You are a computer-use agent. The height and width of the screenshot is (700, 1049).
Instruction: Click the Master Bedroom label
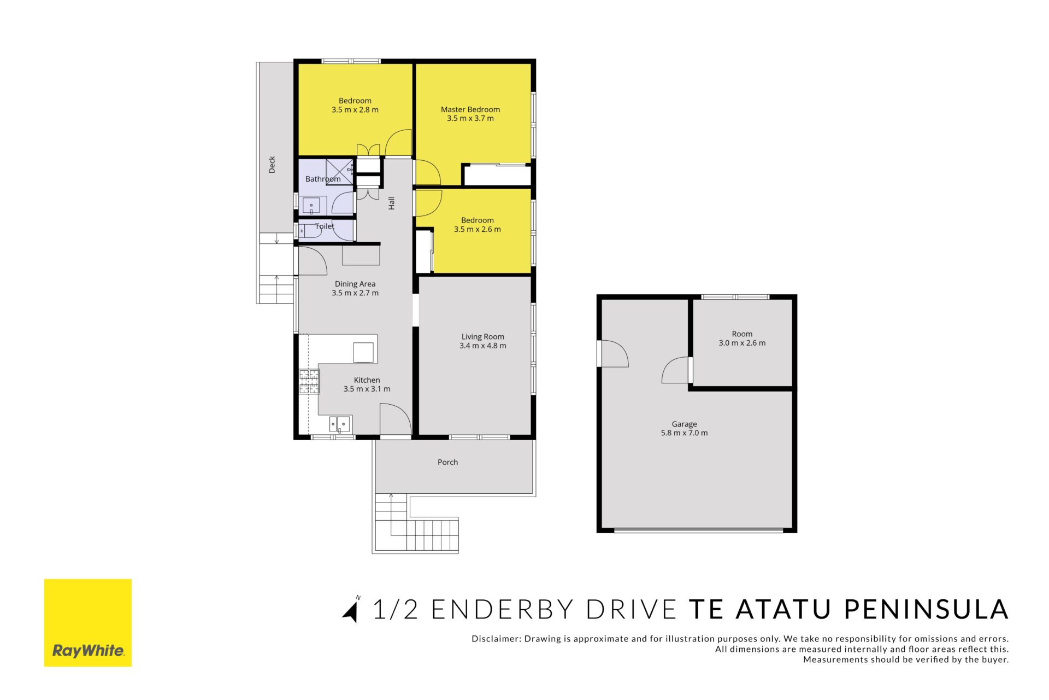coord(470,109)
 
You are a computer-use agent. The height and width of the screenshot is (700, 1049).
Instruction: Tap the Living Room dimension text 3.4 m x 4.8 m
coord(483,346)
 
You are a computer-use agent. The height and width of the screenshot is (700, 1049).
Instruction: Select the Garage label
coord(685,424)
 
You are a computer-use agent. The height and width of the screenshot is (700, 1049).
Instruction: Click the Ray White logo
coord(88,622)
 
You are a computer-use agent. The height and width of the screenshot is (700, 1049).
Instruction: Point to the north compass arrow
coord(351,610)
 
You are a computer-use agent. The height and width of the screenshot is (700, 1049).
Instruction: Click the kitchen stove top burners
coord(309,382)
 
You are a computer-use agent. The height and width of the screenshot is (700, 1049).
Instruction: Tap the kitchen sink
coord(340,424)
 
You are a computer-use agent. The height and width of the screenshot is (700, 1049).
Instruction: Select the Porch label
coord(448,462)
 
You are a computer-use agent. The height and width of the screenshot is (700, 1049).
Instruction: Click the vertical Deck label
coord(272,165)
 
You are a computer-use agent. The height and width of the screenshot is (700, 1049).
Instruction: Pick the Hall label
coord(391,203)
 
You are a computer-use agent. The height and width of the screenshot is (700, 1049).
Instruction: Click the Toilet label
coord(325,226)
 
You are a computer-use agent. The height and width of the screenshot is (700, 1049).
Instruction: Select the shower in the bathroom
coord(340,172)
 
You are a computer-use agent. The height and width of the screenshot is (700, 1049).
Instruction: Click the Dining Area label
coord(355,284)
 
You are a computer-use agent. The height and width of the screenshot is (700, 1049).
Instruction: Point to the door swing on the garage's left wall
coord(614,353)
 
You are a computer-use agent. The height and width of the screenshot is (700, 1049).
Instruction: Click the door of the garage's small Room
coord(676,370)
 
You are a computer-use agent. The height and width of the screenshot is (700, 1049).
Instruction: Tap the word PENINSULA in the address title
coord(926,610)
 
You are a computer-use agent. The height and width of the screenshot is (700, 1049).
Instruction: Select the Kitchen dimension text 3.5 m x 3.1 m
coord(367,389)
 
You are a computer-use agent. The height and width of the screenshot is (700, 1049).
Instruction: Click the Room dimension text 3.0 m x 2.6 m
coord(742,343)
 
